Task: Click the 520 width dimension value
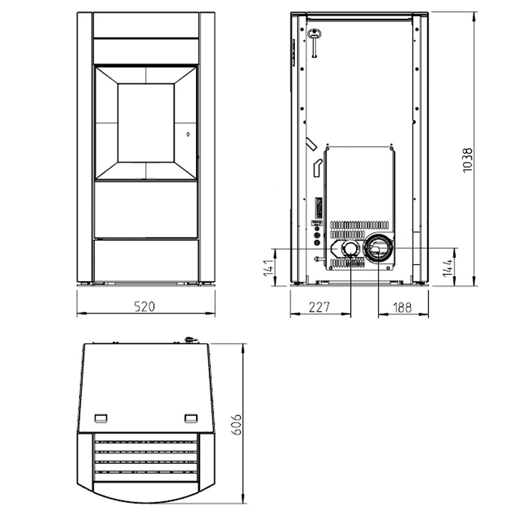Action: (x=145, y=306)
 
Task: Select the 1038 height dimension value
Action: (x=468, y=160)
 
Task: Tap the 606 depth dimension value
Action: (x=236, y=424)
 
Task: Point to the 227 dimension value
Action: (x=319, y=307)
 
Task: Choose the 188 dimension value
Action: (x=402, y=308)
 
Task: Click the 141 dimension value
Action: (x=269, y=267)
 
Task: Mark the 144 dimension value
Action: (x=447, y=267)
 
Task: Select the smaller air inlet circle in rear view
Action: (x=350, y=249)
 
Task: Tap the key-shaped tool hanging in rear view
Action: (x=314, y=42)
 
